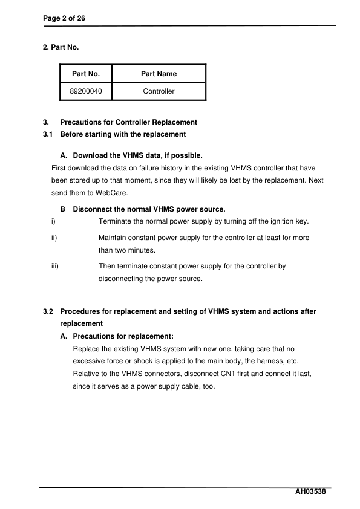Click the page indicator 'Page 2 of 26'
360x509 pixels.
click(x=64, y=19)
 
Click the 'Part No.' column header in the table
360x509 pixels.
click(x=85, y=74)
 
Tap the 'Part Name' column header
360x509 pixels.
click(x=159, y=74)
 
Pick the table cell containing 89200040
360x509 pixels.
click(x=85, y=91)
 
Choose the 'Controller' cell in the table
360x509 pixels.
click(x=159, y=91)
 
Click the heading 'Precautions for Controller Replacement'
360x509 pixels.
click(x=128, y=122)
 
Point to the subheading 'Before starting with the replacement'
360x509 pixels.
click(x=123, y=134)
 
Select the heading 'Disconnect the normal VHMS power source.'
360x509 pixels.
click(x=149, y=209)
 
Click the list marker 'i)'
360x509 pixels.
click(x=54, y=221)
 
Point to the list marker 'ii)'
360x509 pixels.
click(x=55, y=238)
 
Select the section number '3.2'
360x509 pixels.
click(x=48, y=311)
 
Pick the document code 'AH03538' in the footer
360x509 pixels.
click(x=310, y=492)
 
